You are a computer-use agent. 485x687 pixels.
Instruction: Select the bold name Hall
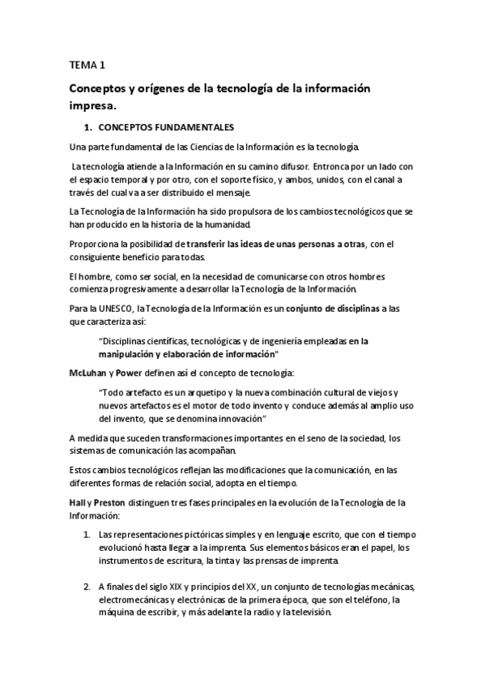tap(79, 503)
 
